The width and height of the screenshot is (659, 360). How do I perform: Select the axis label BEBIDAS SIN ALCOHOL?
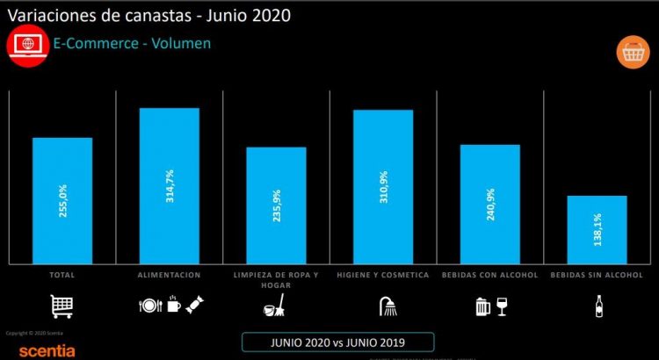click(597, 275)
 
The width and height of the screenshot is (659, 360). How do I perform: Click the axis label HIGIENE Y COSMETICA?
click(383, 275)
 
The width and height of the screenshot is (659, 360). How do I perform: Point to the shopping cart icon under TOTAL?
click(62, 306)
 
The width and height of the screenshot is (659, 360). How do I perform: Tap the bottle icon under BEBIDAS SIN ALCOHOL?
click(597, 306)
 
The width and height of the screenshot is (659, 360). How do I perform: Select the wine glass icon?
click(502, 306)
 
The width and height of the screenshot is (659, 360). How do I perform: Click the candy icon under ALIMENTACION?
click(192, 306)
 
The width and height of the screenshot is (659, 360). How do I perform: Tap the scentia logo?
click(28, 350)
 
